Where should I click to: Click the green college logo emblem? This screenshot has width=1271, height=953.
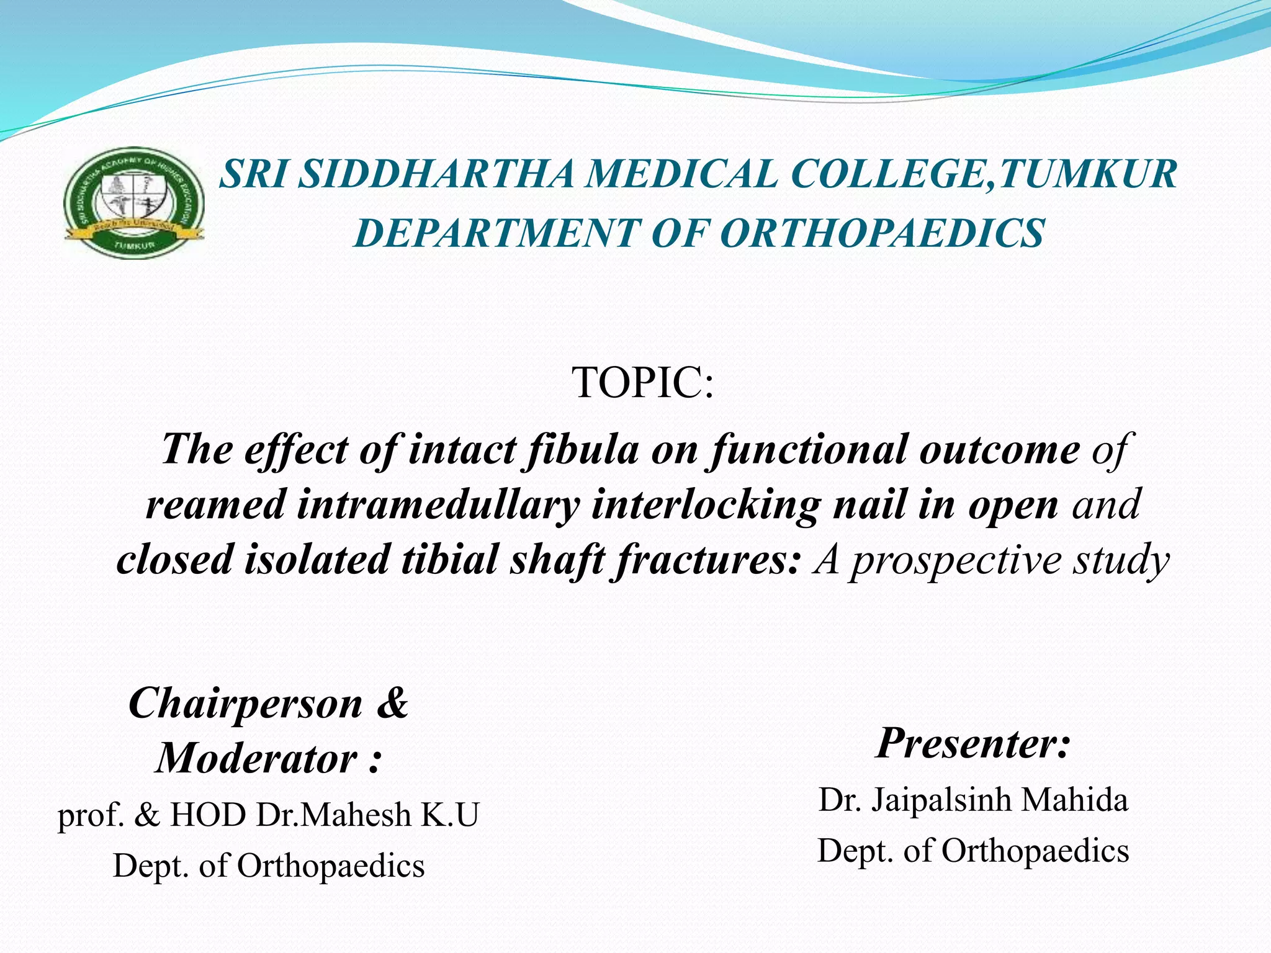134,203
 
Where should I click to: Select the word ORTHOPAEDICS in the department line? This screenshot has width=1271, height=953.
882,233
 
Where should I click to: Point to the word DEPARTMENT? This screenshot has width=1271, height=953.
496,233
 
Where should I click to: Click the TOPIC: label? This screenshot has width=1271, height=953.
642,382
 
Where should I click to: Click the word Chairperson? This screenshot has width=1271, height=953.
245,704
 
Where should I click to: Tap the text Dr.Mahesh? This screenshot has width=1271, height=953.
334,815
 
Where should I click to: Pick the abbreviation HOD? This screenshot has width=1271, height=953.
208,815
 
